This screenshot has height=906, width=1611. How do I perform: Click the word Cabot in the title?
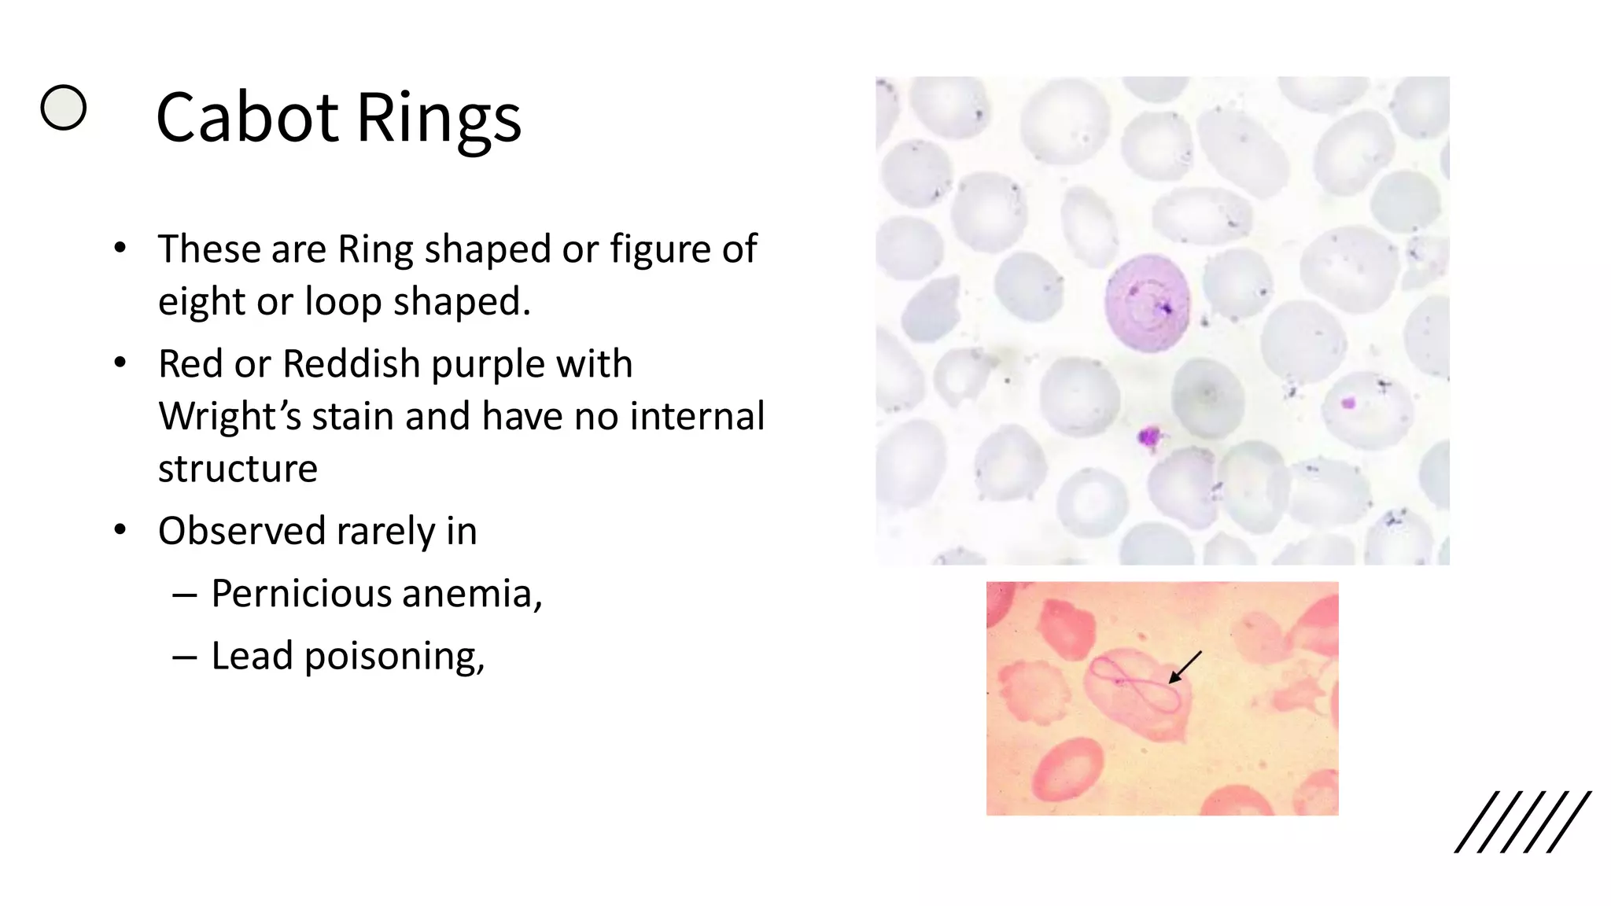pyautogui.click(x=248, y=118)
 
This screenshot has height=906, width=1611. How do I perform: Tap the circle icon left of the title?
pyautogui.click(x=63, y=107)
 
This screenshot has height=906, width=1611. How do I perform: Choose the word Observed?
pyautogui.click(x=241, y=531)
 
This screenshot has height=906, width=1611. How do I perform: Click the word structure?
pyautogui.click(x=238, y=470)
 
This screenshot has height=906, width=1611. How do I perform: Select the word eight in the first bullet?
pyautogui.click(x=201, y=302)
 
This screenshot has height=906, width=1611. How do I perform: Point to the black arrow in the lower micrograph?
pyautogui.click(x=1185, y=668)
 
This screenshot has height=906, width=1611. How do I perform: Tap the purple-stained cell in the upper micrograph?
pyautogui.click(x=1146, y=303)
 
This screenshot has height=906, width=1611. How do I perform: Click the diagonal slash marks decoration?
pyautogui.click(x=1521, y=822)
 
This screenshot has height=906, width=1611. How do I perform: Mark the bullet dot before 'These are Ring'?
pyautogui.click(x=120, y=249)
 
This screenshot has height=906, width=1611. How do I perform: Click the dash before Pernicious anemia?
pyautogui.click(x=184, y=595)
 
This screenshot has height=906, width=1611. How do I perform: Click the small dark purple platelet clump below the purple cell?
pyautogui.click(x=1149, y=437)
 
